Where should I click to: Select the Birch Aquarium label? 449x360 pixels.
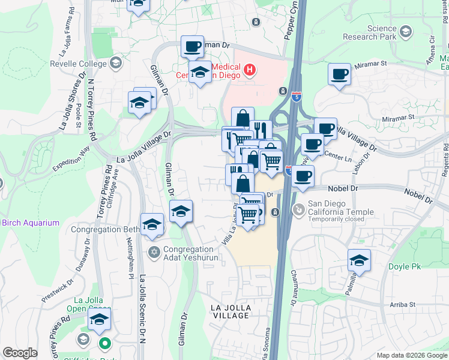coord(30,223)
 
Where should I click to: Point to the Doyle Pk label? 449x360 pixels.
coord(427,266)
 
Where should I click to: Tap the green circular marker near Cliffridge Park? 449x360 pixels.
coord(104,344)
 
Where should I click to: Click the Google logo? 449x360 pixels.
coord(20,353)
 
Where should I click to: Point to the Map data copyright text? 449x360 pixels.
coord(411,355)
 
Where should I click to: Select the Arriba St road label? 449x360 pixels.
coord(400,304)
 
